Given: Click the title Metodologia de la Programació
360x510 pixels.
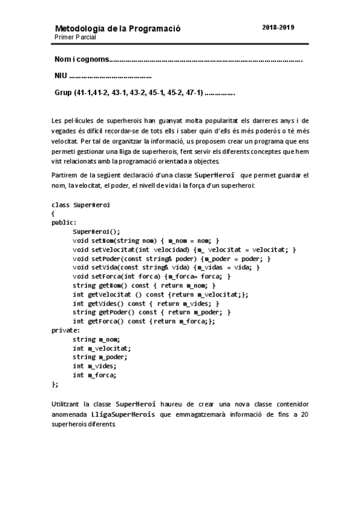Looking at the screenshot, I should point(117,28).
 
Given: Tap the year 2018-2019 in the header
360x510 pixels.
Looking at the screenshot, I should point(278,28).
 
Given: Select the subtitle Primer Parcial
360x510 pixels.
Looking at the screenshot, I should point(75,37).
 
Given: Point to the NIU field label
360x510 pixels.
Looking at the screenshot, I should point(61,76).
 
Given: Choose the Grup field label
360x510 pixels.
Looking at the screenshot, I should point(63,93).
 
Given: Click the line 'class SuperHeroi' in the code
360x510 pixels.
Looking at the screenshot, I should point(81,204).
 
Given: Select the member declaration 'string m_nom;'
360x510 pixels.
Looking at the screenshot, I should point(96,339).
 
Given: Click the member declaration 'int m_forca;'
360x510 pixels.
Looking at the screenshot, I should point(94,375).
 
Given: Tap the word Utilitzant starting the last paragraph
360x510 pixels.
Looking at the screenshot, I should point(67,404).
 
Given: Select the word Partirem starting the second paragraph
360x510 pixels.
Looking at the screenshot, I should point(64,175).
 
